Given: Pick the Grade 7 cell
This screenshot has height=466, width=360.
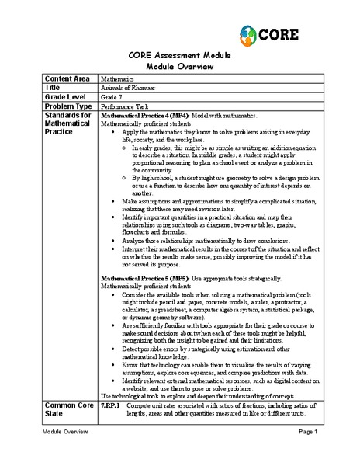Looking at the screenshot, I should click(112, 98).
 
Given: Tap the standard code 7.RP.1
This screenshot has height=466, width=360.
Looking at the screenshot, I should click(112, 406).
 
